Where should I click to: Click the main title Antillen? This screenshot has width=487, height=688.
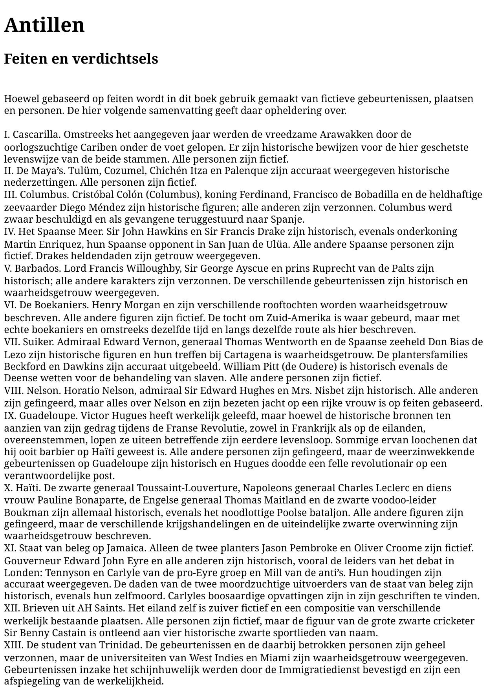click(x=44, y=25)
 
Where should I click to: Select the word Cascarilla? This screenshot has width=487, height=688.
click(x=37, y=135)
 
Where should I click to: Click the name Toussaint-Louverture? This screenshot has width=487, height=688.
click(x=188, y=488)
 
